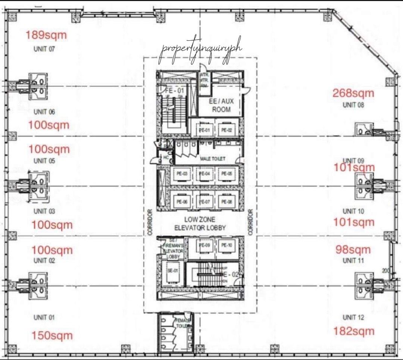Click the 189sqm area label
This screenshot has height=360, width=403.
(46, 35)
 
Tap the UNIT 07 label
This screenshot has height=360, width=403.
(44, 48)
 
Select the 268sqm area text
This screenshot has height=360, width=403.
(353, 93)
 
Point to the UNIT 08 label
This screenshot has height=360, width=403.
(353, 105)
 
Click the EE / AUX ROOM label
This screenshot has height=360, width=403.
(221, 105)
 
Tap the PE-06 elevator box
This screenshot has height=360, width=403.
(182, 202)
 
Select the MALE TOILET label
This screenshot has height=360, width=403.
(213, 159)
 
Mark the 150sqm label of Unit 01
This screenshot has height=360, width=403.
(52, 335)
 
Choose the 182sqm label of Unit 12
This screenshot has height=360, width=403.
(353, 331)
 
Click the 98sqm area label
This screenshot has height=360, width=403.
(353, 250)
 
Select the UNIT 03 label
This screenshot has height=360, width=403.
(44, 211)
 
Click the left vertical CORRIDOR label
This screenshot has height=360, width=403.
(150, 222)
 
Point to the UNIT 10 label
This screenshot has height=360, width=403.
(353, 211)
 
